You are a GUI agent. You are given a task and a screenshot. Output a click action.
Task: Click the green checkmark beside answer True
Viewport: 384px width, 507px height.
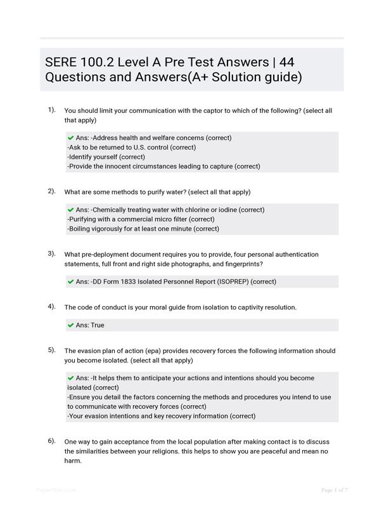[70, 325]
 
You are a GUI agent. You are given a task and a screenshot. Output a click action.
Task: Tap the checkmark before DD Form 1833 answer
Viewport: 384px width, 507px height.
[70, 281]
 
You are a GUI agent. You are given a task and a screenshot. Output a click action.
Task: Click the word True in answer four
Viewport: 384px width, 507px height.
[98, 325]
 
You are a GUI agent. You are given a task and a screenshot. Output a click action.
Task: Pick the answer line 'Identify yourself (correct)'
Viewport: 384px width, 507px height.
[106, 157]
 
